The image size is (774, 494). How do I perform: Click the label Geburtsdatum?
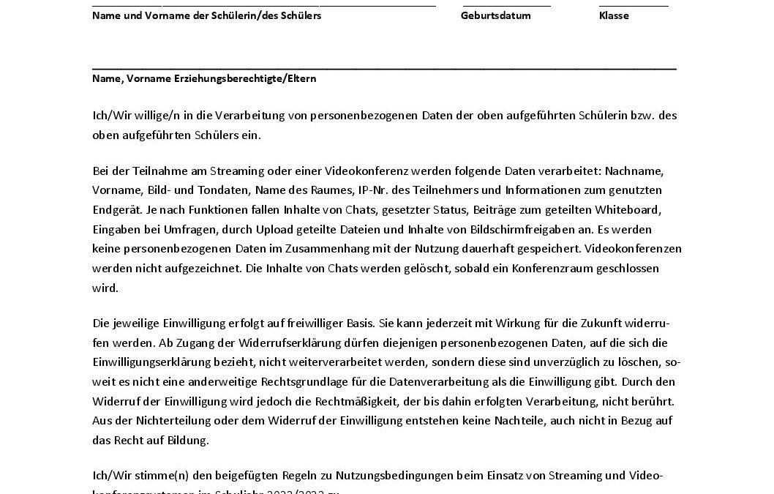click(x=495, y=15)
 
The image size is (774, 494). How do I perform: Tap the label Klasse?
click(x=613, y=15)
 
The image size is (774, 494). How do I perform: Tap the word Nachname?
click(x=637, y=171)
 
